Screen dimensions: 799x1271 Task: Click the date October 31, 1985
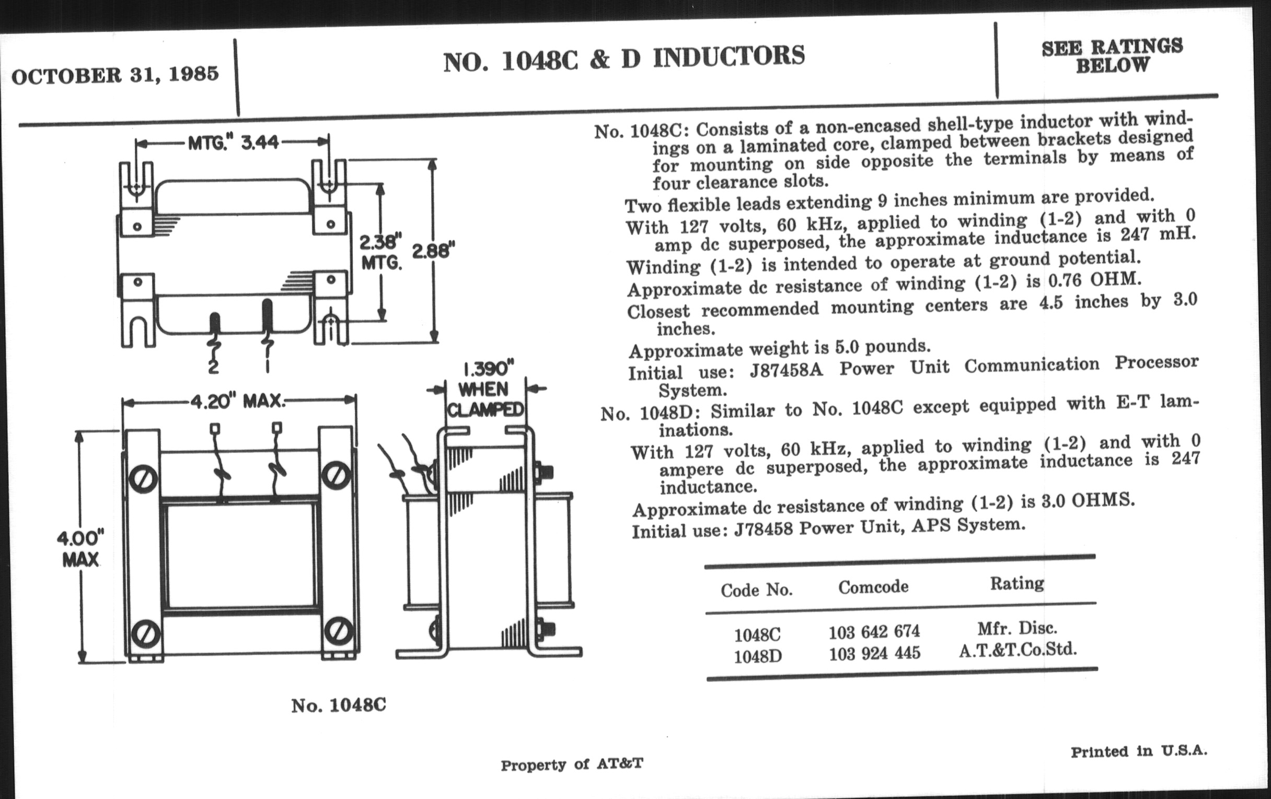click(115, 74)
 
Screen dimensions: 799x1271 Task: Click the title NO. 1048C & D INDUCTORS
click(624, 58)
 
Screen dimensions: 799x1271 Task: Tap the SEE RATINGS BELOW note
click(1112, 56)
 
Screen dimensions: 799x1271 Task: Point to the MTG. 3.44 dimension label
click(233, 143)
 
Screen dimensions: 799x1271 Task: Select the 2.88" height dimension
click(433, 250)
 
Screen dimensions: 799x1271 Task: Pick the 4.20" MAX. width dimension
click(237, 402)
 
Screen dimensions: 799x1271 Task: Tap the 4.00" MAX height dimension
click(80, 548)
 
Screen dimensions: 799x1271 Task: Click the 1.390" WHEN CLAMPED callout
click(485, 390)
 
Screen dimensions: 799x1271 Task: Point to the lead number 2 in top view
click(213, 367)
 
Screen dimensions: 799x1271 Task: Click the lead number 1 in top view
click(268, 366)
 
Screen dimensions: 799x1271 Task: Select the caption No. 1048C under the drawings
click(338, 705)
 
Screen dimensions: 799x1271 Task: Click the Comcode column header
click(873, 586)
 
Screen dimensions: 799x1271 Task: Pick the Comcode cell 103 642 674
click(874, 631)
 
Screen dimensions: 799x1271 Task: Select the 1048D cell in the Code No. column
click(757, 656)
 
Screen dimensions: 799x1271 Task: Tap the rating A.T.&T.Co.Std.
click(1017, 650)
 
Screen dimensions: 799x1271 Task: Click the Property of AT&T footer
click(572, 764)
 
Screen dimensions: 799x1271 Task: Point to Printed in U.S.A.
click(1138, 751)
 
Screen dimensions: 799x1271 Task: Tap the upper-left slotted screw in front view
click(144, 479)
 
